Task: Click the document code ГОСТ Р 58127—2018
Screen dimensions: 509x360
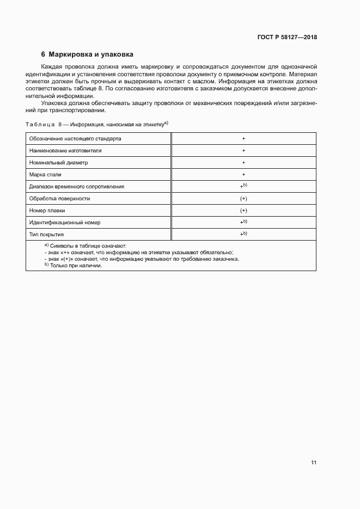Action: point(286,38)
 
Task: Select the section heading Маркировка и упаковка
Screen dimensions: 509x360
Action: point(90,54)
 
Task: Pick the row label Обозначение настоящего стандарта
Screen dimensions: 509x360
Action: point(75,139)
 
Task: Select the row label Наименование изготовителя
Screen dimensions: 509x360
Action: point(65,151)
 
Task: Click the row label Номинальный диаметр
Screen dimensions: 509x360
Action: point(58,163)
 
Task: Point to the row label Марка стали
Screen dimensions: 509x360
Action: point(45,175)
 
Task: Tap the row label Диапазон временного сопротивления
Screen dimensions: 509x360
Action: point(77,187)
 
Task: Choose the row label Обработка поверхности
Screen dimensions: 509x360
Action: point(59,199)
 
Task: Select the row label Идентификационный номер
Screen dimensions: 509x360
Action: point(65,223)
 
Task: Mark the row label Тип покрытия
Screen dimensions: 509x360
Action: point(47,235)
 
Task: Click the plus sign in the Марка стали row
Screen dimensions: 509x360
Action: point(243,175)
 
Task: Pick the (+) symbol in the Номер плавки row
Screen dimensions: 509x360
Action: point(243,211)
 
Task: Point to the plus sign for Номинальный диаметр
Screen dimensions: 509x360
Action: point(243,163)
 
